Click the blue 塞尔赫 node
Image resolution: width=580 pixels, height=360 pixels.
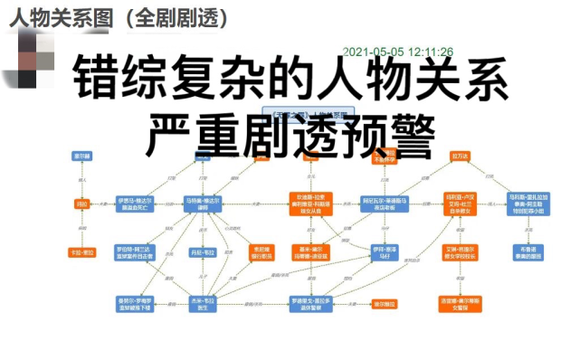click(82, 156)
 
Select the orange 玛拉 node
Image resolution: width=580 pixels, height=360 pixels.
click(82, 204)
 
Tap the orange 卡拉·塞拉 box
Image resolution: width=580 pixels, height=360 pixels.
click(82, 252)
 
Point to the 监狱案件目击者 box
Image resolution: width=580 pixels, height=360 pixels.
click(136, 252)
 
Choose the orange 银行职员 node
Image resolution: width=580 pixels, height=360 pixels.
click(261, 252)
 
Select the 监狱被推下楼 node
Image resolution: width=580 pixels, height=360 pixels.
click(136, 303)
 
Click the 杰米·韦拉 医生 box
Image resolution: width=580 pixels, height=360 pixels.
click(203, 303)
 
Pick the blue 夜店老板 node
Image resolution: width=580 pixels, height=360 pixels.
click(385, 204)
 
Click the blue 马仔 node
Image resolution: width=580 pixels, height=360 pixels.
click(385, 252)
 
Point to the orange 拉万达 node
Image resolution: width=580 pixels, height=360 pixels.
click(461, 156)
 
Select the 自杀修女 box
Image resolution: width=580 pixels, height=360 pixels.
click(461, 204)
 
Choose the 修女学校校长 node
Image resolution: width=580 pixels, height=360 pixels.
click(461, 252)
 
